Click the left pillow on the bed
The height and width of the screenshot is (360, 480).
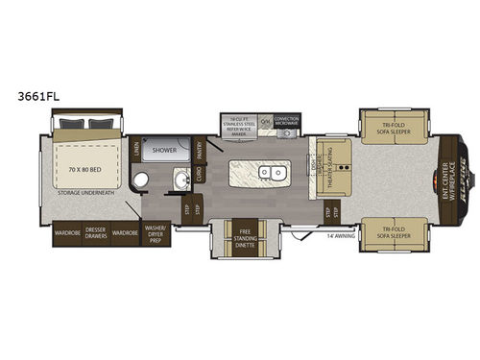(x=70, y=123)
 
